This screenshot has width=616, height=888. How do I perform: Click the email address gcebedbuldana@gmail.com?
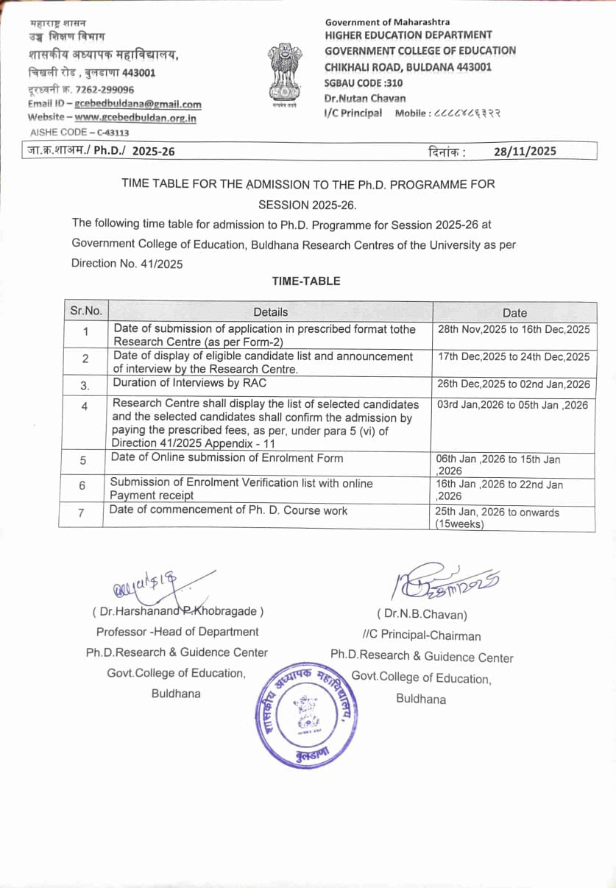[x=138, y=105]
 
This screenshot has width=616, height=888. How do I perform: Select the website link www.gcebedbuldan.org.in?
[x=135, y=118]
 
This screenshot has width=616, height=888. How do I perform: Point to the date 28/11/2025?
[x=525, y=152]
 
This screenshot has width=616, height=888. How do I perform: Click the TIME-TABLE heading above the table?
[x=306, y=281]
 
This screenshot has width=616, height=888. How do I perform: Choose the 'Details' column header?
[x=270, y=312]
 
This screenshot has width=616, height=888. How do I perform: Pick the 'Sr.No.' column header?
[x=86, y=311]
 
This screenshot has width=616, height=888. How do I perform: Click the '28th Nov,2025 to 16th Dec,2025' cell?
[x=514, y=330]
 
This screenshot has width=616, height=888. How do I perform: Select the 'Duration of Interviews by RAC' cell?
[x=189, y=383]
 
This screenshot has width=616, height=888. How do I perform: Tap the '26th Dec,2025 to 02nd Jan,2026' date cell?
[x=514, y=384]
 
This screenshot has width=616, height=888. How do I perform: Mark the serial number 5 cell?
[x=83, y=460]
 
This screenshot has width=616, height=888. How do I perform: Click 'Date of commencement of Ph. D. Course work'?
[x=228, y=510]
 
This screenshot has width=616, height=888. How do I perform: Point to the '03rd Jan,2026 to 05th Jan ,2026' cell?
[x=513, y=405]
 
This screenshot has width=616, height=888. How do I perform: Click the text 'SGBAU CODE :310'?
[x=364, y=83]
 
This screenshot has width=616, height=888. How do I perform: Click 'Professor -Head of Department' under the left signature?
[x=177, y=632]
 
